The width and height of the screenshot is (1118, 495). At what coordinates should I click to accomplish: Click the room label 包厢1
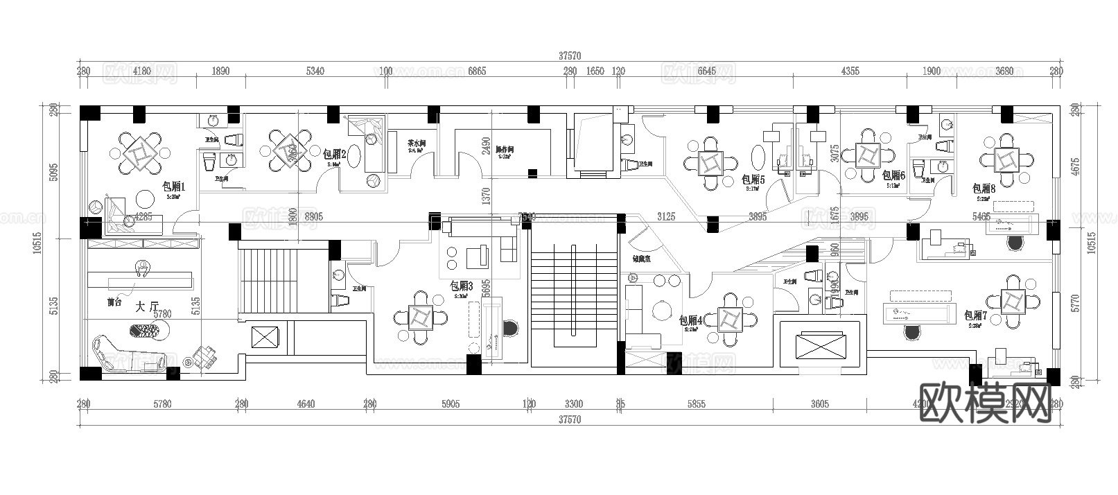[173, 186]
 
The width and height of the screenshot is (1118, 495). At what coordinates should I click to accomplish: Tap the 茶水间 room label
[416, 144]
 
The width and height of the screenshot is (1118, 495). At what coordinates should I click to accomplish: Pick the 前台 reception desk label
[114, 303]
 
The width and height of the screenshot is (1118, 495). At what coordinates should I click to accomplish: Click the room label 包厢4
[690, 320]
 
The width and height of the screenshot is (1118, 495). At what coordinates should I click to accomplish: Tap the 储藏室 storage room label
[640, 259]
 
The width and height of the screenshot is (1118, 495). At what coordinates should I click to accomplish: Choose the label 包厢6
[893, 176]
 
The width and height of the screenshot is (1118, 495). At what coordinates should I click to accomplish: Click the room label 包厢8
[984, 189]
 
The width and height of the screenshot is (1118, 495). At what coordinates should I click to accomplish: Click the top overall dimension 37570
[568, 55]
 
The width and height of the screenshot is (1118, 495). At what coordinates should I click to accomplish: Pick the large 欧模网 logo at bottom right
[985, 402]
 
